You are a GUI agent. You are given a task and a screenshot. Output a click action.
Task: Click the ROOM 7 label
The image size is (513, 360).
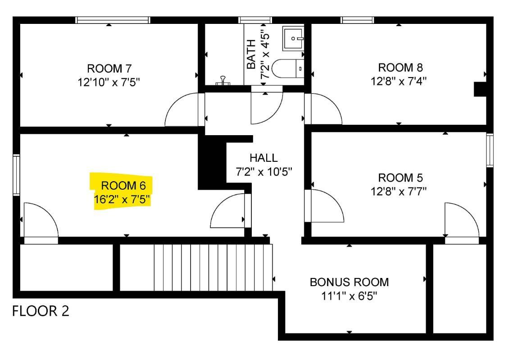[109, 68]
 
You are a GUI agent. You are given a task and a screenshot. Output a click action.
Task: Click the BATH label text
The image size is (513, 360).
[252, 54]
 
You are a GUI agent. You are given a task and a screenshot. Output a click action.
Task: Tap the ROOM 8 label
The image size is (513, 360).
[400, 68]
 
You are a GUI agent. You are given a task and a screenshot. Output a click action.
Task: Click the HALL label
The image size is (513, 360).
[263, 158]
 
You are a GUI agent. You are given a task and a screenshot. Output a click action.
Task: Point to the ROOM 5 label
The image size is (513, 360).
[400, 177]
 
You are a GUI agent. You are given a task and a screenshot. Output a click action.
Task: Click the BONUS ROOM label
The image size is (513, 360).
[349, 283]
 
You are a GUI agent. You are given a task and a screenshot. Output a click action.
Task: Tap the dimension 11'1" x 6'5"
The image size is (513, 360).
[349, 296]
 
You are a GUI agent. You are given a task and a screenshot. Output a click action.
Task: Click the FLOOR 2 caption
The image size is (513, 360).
[41, 311]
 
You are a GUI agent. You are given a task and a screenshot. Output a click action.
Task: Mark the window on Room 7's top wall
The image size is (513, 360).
[112, 20]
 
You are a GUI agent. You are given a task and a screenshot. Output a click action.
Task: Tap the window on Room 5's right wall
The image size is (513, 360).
[490, 150]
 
